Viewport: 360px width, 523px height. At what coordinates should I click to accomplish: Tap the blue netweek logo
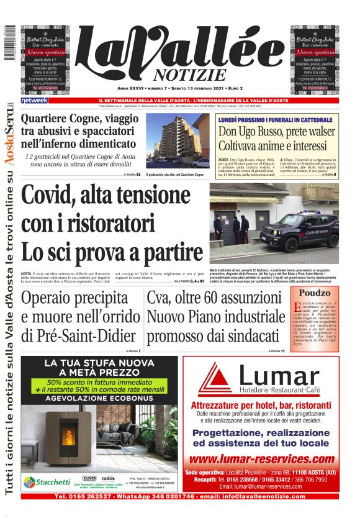34,100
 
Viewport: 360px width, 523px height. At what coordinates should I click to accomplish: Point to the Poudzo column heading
316,293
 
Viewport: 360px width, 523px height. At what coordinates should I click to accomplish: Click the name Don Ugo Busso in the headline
256,132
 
